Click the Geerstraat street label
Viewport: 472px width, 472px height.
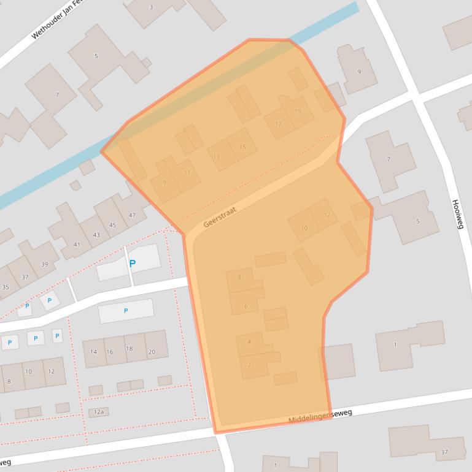(220, 216)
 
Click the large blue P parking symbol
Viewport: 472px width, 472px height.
(132, 264)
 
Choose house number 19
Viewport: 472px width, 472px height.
(298, 111)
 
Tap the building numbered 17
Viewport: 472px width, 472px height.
(278, 124)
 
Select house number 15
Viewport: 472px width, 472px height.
(242, 147)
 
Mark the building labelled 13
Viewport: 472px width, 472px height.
(216, 157)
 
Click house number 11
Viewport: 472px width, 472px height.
(187, 173)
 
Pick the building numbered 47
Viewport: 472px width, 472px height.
(132, 215)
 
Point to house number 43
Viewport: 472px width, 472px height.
(96, 235)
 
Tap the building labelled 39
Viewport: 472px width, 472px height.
(44, 264)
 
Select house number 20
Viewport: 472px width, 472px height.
(152, 351)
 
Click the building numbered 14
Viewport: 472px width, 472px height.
(93, 352)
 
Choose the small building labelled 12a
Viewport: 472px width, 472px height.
(99, 412)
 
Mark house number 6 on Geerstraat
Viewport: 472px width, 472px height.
(246, 306)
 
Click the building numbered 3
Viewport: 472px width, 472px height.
(152, 7)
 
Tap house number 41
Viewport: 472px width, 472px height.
(77, 245)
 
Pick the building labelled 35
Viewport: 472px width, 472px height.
(6, 287)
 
